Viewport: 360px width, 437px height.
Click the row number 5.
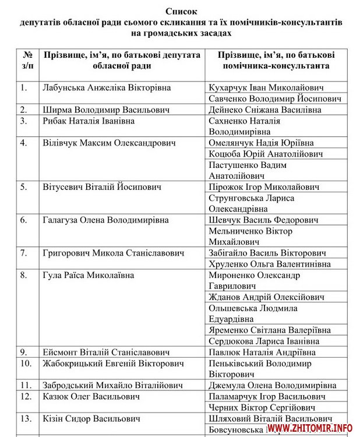pos(24,188)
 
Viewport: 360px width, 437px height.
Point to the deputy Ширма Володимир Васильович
pos(98,110)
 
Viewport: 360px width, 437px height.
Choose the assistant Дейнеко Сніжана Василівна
pos(265,110)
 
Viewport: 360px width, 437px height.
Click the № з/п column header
pos(27,60)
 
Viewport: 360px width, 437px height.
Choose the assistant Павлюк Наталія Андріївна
pos(262,353)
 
